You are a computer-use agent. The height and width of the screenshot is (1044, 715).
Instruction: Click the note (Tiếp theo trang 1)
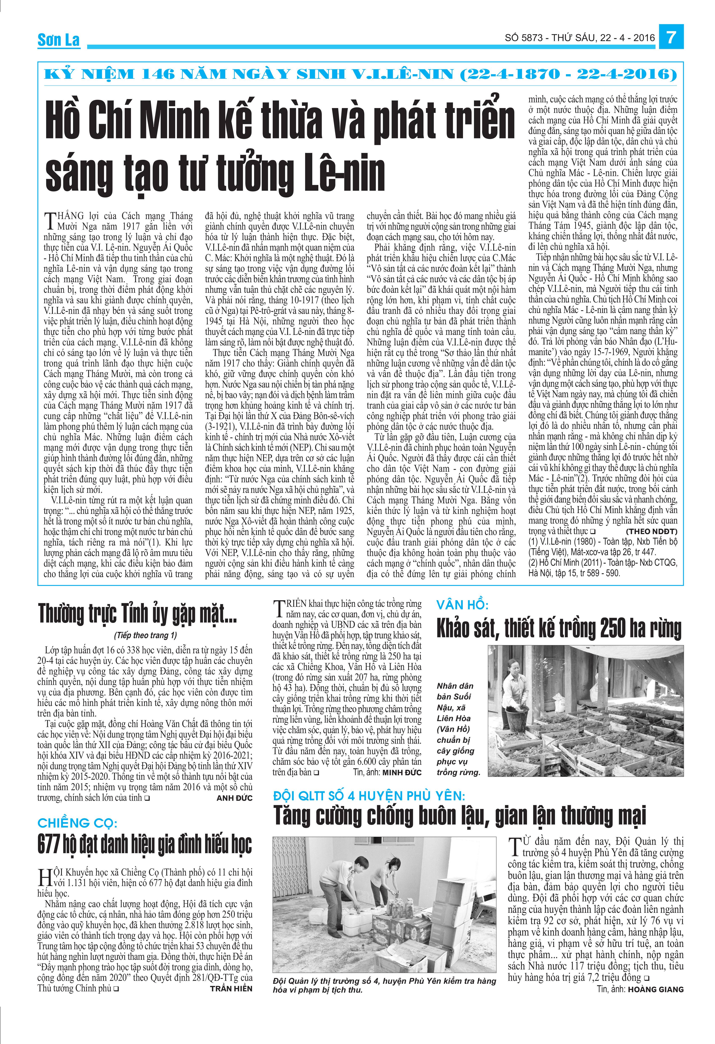pos(145,635)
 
